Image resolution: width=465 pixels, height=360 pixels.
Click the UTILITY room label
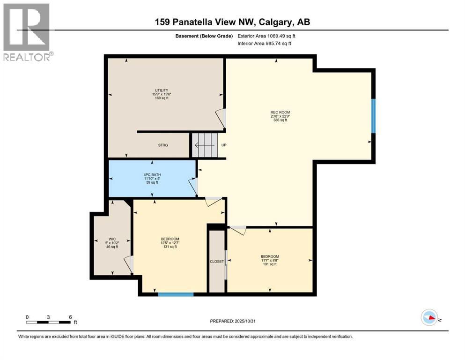(x=162, y=90)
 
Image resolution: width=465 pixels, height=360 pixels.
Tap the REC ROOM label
(x=280, y=112)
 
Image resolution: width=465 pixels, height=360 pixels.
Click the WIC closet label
(x=112, y=239)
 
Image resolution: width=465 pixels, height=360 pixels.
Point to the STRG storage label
(x=163, y=145)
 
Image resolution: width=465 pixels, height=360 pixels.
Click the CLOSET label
(x=217, y=261)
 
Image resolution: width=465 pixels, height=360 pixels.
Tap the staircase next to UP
(x=205, y=145)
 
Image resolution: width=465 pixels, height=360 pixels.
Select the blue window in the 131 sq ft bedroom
(x=176, y=294)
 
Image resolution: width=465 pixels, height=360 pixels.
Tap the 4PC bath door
(x=193, y=187)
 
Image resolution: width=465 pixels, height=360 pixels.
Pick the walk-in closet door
(x=128, y=264)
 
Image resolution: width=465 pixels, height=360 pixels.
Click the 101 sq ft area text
(x=269, y=264)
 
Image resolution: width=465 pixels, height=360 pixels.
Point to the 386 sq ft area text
(x=280, y=120)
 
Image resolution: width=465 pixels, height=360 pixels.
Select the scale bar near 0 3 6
(x=49, y=322)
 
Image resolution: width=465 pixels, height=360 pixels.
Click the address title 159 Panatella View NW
(x=233, y=22)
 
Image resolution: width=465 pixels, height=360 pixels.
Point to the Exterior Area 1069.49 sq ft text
(x=267, y=36)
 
